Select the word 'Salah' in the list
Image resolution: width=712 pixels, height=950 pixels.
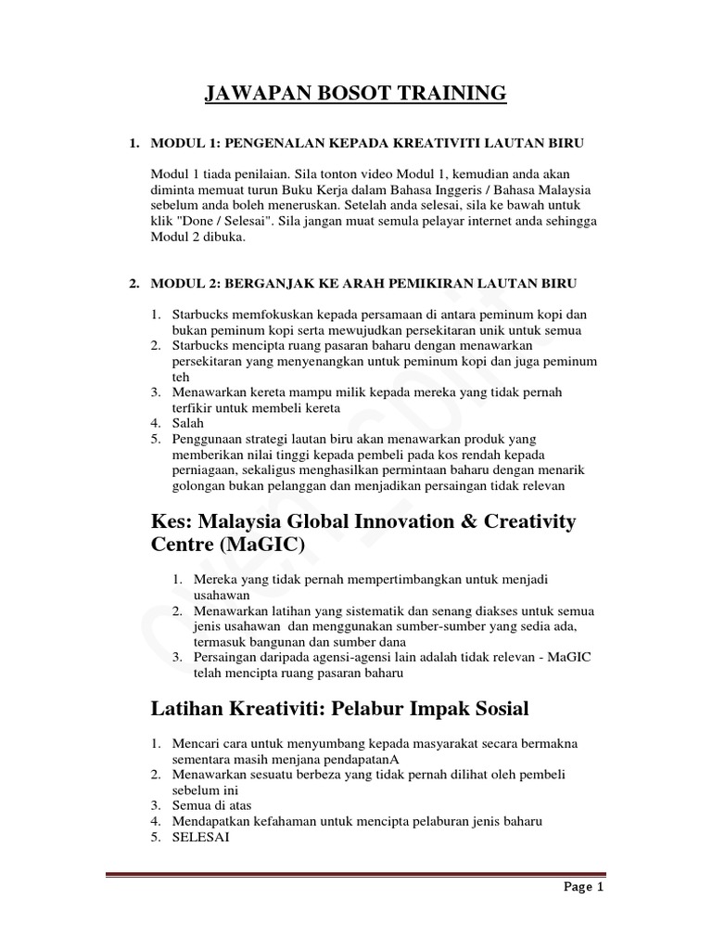[x=187, y=423]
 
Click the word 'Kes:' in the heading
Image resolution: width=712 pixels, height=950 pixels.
[x=173, y=520]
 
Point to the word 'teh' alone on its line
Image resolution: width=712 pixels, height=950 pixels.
[x=181, y=378]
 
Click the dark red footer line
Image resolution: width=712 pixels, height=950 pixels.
[x=356, y=873]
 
